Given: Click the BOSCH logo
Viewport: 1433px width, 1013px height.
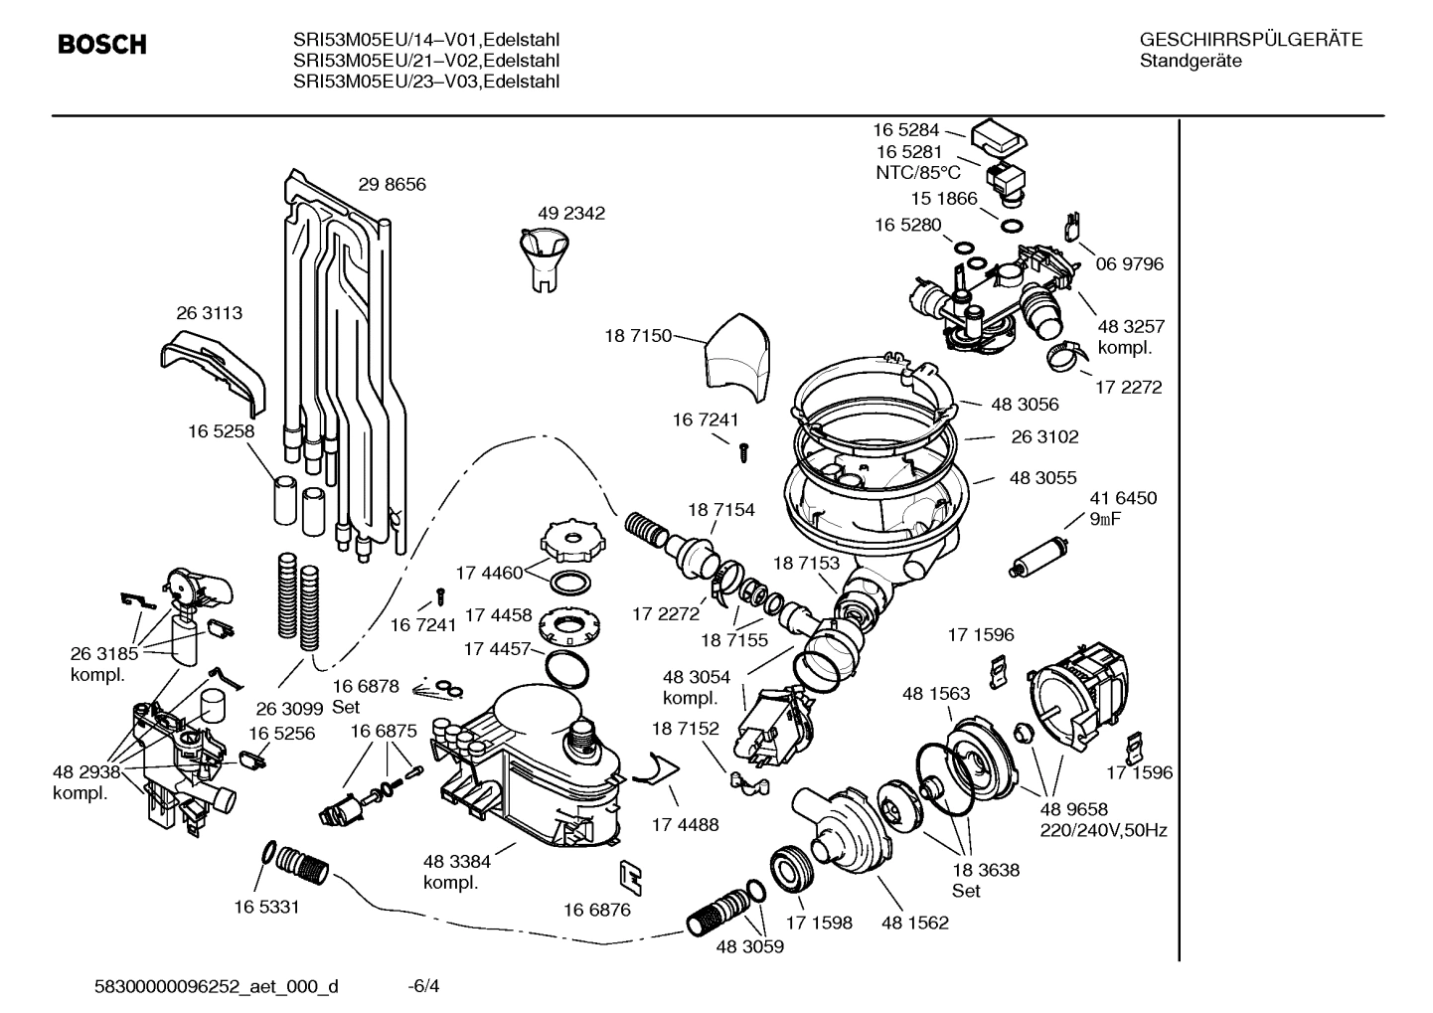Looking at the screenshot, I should (x=102, y=45).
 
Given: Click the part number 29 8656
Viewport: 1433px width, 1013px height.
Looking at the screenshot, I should (x=392, y=185).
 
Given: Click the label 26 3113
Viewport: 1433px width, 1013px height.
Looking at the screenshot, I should (x=209, y=313).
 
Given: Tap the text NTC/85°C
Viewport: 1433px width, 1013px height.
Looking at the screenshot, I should (x=911, y=172).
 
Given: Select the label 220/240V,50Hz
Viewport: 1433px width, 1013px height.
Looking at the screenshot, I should (x=1103, y=830).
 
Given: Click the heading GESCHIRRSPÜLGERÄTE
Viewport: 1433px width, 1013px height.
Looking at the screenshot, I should (x=1251, y=41).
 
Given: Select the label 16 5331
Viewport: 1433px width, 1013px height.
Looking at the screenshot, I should (x=266, y=907).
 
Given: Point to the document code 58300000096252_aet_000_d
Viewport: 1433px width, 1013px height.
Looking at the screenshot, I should (x=216, y=986).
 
